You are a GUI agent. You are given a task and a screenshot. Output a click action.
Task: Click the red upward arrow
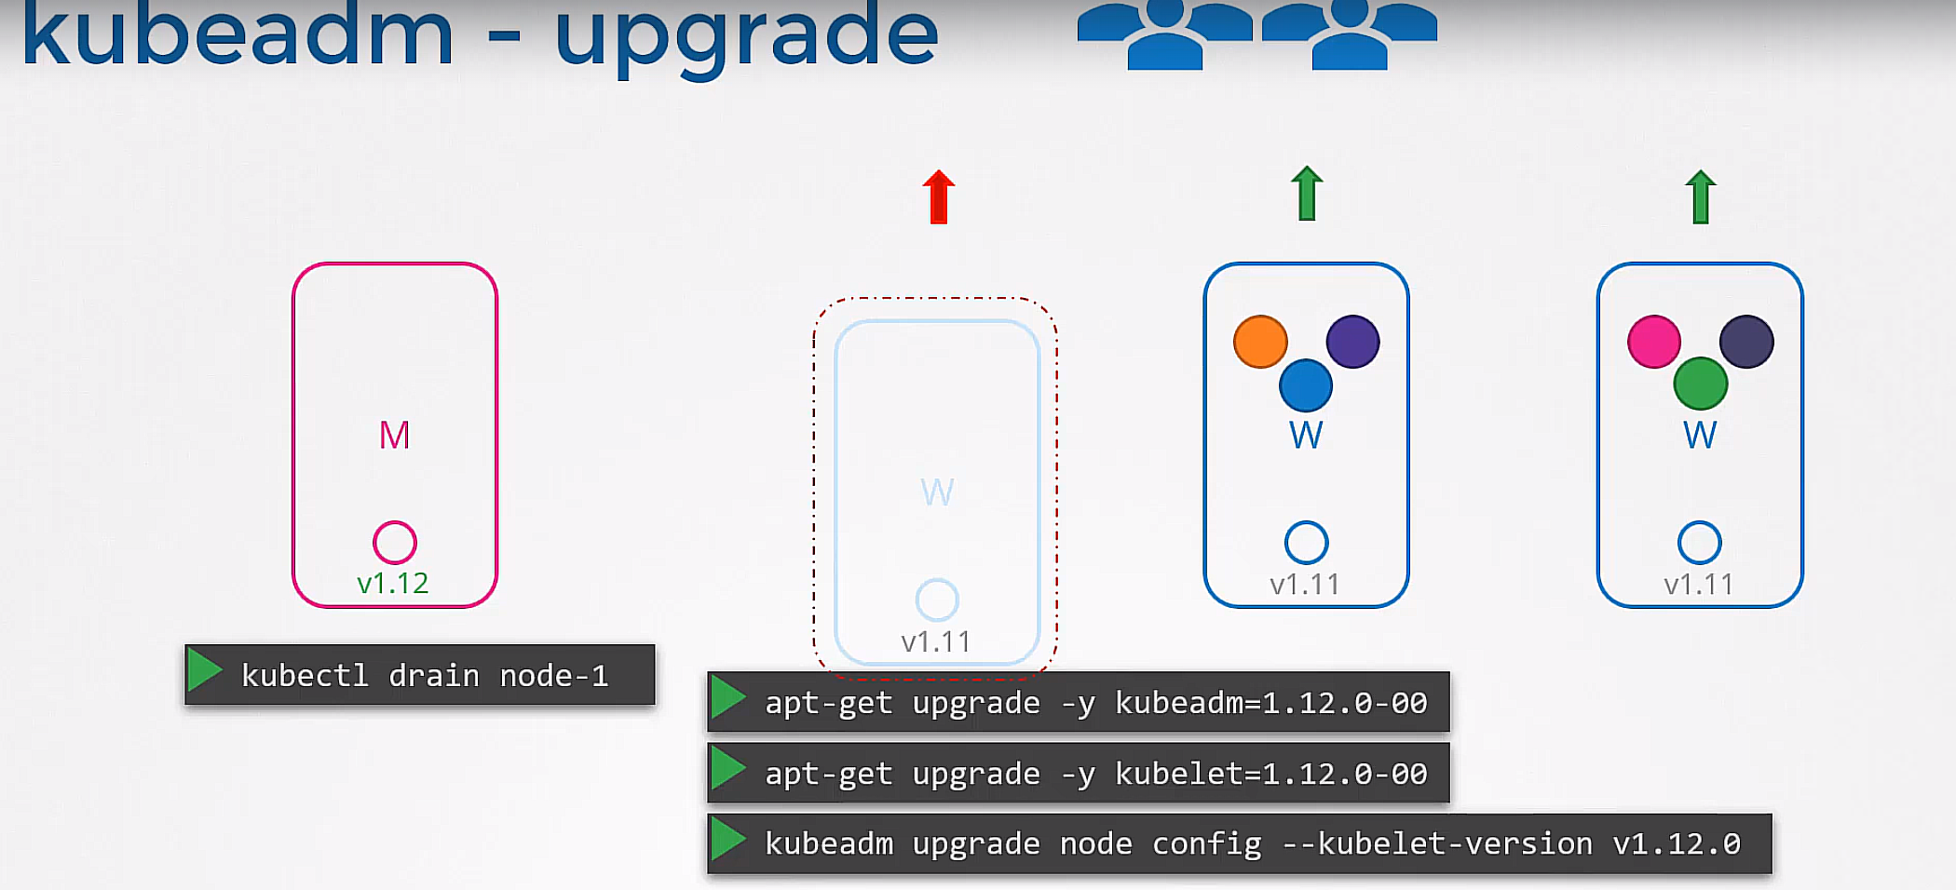point(939,197)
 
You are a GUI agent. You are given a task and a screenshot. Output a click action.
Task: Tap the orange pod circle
point(1260,342)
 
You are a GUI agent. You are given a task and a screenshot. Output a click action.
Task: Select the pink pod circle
point(1654,342)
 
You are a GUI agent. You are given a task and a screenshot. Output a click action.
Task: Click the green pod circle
point(1701,384)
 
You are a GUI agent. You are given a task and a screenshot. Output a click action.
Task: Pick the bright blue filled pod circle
point(1306,385)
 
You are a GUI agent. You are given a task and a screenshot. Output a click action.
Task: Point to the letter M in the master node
point(394,435)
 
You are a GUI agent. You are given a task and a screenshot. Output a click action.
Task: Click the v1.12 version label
point(393,584)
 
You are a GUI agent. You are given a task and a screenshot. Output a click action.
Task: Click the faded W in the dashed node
point(937,492)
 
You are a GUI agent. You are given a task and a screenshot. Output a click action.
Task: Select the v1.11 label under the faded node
point(936,641)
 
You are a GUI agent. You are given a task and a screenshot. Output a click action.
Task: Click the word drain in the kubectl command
point(434,675)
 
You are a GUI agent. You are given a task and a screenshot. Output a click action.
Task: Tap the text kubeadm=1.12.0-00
point(1271,702)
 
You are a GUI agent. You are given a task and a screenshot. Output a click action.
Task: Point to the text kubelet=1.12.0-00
point(1271,773)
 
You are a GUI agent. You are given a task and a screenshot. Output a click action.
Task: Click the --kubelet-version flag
point(1437,843)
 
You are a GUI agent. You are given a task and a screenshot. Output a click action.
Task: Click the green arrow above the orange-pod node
point(1307,194)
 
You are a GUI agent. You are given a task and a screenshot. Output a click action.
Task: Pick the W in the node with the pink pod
point(1700,435)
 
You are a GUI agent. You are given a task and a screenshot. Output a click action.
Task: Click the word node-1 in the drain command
point(554,675)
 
